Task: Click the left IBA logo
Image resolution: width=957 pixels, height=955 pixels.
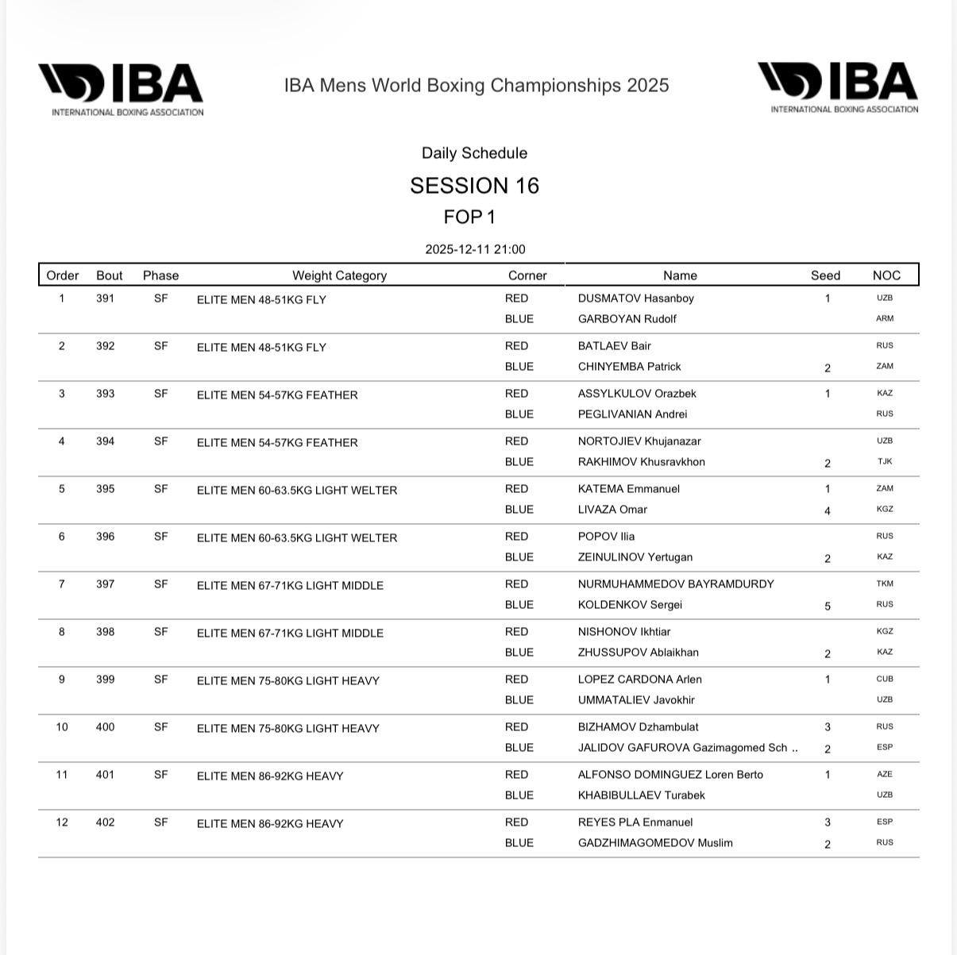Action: [x=121, y=90]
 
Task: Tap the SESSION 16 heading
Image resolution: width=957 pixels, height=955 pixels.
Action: [x=475, y=186]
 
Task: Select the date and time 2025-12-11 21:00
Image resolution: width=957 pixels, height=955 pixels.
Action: [x=475, y=249]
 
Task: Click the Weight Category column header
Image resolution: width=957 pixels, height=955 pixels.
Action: [x=339, y=275]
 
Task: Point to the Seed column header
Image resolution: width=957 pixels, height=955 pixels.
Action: [x=825, y=275]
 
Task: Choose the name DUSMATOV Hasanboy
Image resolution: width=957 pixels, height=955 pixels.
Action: [x=635, y=298]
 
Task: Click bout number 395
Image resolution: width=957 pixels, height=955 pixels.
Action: [x=106, y=489]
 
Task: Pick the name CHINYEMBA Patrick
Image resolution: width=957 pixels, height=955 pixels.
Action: [x=629, y=367]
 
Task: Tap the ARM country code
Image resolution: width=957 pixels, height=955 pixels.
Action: [x=885, y=319]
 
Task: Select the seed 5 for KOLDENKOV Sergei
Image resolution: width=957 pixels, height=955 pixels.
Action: [x=828, y=606]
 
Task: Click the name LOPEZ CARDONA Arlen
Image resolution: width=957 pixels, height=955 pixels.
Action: [x=639, y=680]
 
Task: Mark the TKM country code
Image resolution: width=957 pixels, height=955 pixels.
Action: [x=885, y=584]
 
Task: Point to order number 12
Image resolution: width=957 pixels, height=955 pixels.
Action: [x=62, y=822]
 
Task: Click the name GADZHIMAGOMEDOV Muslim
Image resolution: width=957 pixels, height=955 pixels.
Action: [x=655, y=843]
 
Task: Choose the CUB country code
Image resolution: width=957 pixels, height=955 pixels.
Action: [x=885, y=680]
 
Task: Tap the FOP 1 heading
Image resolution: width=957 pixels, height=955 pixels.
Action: [x=469, y=217]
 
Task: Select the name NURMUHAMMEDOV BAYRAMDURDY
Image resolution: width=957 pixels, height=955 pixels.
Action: [x=676, y=584]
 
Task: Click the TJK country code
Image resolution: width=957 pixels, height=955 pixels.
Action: [x=885, y=462]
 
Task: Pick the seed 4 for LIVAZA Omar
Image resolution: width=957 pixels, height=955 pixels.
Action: [x=828, y=510]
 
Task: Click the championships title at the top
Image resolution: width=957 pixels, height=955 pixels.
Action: [x=477, y=86]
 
